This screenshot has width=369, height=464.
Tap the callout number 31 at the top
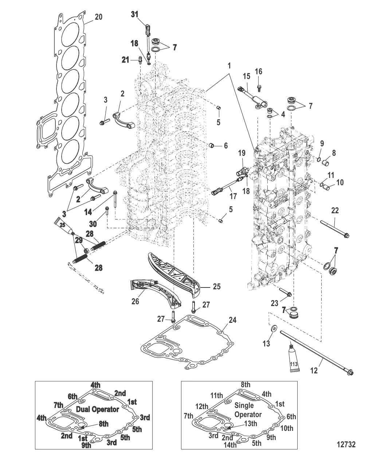[x=135, y=15]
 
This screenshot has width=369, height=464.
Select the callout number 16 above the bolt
[x=258, y=71]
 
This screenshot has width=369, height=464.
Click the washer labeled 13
[x=273, y=330]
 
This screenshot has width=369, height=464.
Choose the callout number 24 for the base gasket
[x=232, y=320]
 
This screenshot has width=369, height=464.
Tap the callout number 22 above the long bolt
[x=335, y=210]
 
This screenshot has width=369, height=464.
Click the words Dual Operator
[x=98, y=409]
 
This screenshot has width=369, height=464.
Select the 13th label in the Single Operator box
[x=250, y=424]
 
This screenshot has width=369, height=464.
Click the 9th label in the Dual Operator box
[x=86, y=445]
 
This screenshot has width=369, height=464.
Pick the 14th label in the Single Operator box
[x=230, y=445]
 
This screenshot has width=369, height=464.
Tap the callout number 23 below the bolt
[x=274, y=303]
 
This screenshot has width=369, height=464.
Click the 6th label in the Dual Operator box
[x=72, y=396]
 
